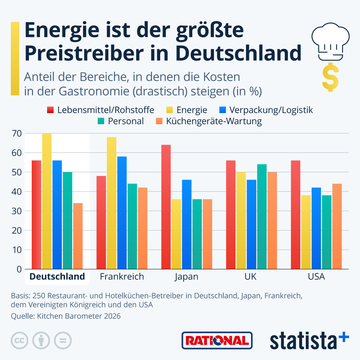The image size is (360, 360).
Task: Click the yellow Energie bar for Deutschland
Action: [47, 201]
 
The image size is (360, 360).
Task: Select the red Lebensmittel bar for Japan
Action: [166, 207]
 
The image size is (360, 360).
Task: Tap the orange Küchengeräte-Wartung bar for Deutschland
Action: [78, 236]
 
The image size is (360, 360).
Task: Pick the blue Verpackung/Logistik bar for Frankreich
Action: [122, 213]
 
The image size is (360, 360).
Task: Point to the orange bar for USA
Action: [337, 226]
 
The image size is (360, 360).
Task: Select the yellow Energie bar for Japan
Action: [176, 234]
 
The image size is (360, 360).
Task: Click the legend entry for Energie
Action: [186, 110]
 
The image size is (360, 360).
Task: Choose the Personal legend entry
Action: [121, 121]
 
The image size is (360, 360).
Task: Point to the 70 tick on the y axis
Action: [17, 133]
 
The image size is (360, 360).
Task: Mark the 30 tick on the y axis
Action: [17, 211]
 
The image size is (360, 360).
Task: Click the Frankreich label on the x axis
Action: [122, 277]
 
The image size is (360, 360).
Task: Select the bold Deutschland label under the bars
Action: [57, 277]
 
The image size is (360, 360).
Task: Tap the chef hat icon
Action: [330, 41]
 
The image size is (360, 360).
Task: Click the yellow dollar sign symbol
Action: [330, 77]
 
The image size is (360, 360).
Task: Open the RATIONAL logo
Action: [217, 340]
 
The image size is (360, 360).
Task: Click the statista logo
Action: [309, 340]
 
